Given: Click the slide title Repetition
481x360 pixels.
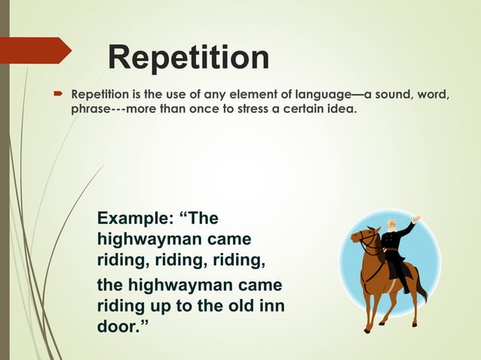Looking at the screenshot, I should [x=188, y=58].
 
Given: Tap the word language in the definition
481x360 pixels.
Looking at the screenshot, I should [x=323, y=96].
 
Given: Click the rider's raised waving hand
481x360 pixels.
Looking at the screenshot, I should [x=415, y=218].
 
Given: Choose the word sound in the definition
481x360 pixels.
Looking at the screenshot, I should [x=395, y=96].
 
